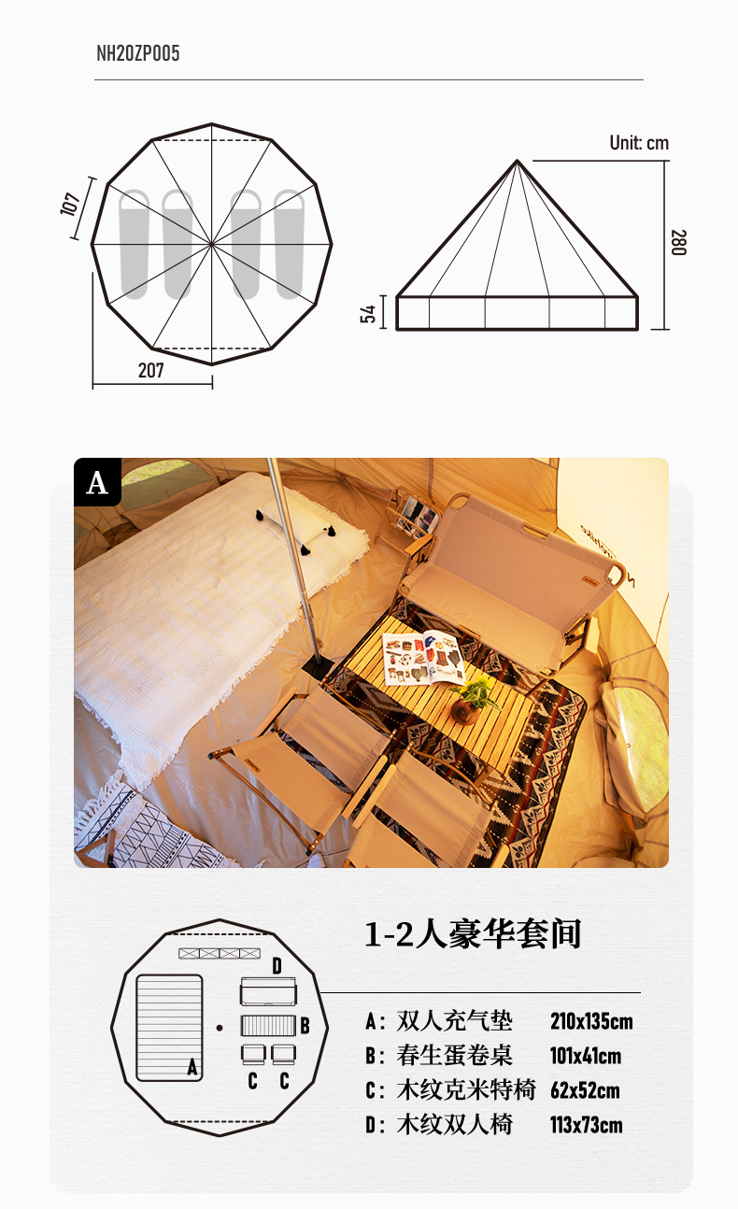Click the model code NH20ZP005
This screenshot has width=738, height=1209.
137,53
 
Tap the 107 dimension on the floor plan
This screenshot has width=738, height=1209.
71,204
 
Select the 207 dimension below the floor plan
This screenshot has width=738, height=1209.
150,370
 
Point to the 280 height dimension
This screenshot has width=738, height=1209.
678,242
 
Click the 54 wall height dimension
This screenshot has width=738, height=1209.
368,314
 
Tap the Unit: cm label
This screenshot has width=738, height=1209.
639,143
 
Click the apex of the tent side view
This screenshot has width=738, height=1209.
517,161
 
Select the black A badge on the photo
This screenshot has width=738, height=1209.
98,482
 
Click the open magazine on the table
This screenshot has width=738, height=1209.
423,659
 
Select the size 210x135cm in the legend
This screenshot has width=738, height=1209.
591,1021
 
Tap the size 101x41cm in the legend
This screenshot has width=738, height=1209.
586,1056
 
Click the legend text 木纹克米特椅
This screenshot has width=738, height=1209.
466,1089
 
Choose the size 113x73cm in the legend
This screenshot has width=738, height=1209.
586,1125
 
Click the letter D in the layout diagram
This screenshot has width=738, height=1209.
277,965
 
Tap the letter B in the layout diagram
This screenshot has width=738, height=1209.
305,1026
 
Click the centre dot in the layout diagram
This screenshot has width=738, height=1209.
220,1028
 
